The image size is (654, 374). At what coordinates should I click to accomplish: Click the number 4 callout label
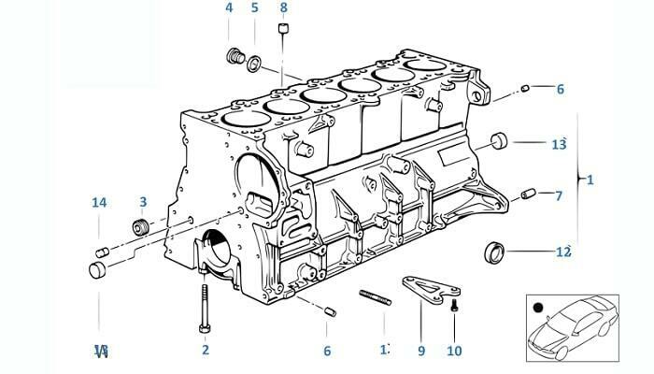[229, 8]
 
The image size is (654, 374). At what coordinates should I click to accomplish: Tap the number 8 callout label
[284, 8]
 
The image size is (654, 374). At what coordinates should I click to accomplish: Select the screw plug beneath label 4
[235, 57]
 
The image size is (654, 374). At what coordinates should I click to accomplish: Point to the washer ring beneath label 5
[253, 63]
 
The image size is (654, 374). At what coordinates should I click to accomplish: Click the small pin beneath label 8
[281, 36]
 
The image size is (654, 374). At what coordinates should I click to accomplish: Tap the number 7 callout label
[559, 196]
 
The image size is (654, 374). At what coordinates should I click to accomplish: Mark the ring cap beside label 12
[493, 251]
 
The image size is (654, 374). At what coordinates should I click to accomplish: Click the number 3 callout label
[143, 202]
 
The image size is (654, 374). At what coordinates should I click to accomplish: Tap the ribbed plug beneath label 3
[143, 227]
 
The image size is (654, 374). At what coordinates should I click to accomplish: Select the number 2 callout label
[205, 351]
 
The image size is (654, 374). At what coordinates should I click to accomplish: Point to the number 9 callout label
[420, 351]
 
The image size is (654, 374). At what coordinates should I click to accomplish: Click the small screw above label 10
[453, 306]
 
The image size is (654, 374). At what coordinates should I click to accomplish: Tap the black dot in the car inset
[537, 307]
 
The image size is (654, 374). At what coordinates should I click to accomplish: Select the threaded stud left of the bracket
[374, 303]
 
